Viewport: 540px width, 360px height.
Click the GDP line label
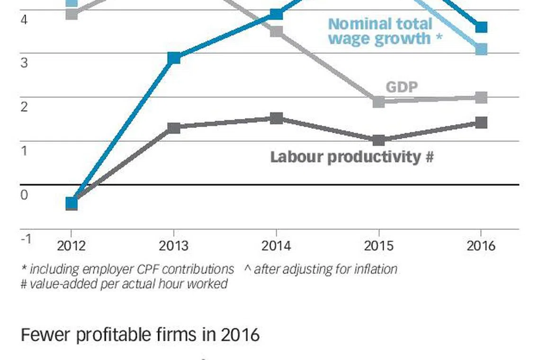(402, 87)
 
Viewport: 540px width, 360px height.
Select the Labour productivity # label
(351, 157)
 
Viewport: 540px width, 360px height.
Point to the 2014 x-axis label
(276, 245)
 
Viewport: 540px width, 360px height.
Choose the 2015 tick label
(378, 245)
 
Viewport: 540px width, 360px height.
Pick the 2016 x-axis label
(481, 245)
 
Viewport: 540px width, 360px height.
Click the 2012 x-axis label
(72, 245)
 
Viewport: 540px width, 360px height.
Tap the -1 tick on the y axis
(27, 238)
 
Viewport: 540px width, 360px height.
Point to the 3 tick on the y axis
(24, 63)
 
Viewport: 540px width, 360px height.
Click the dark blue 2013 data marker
(174, 58)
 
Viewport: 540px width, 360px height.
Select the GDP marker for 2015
(378, 101)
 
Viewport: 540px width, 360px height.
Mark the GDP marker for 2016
(481, 98)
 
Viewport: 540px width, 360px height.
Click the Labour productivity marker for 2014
(277, 118)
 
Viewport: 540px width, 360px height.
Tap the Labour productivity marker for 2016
(481, 123)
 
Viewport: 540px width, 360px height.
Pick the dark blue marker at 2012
(72, 203)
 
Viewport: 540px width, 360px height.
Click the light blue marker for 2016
(481, 49)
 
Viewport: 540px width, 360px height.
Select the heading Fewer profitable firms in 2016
(140, 335)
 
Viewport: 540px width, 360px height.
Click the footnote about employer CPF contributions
(128, 270)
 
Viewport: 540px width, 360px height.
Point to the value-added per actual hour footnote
(124, 284)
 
